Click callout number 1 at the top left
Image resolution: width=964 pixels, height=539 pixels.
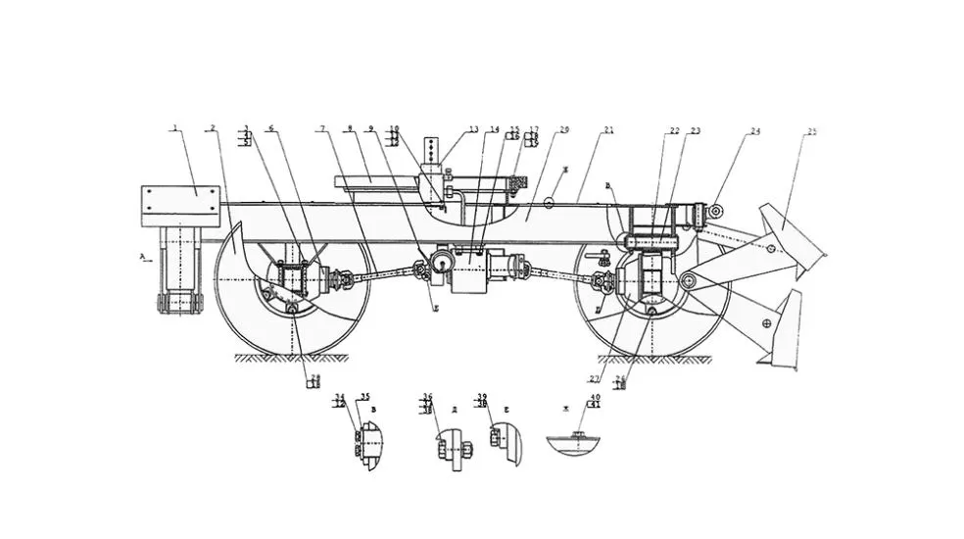point(175,127)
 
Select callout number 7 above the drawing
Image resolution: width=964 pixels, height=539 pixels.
point(320,128)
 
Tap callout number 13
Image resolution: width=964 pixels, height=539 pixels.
point(474,129)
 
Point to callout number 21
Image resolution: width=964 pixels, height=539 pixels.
point(608,129)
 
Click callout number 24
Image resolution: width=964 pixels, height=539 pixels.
point(756,129)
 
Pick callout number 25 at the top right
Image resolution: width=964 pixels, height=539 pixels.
point(812,129)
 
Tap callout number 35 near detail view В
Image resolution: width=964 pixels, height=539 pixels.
point(364,397)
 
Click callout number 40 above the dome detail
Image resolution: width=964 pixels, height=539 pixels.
point(595,397)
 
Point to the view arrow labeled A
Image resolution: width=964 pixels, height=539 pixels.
point(144,257)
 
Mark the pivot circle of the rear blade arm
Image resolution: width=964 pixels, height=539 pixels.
point(689,282)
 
